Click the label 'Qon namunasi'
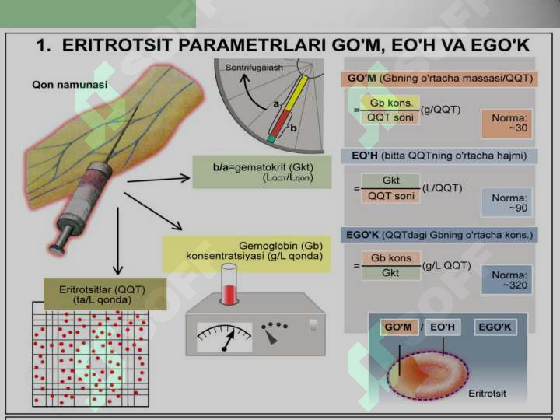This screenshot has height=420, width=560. [70, 85]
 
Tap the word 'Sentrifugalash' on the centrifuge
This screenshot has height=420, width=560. [254, 68]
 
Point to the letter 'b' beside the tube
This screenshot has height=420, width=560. [293, 128]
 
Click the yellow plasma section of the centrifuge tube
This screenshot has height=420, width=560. [296, 93]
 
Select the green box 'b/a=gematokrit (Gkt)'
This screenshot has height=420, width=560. [262, 172]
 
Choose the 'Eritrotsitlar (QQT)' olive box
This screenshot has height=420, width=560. [105, 294]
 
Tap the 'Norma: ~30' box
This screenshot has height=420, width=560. [506, 123]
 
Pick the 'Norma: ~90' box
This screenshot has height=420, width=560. [506, 202]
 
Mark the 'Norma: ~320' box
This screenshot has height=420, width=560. [506, 280]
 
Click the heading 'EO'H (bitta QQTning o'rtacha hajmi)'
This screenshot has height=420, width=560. [439, 156]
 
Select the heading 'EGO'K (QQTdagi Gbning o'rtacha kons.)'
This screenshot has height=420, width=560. [439, 235]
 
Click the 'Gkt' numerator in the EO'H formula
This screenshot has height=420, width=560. [390, 180]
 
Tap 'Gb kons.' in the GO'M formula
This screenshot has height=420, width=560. [390, 103]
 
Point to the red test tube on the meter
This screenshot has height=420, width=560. [229, 285]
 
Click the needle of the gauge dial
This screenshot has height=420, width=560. [228, 340]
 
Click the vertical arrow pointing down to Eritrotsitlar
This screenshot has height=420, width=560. [117, 241]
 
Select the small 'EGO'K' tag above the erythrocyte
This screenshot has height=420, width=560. [495, 327]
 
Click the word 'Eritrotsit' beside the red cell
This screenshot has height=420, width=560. [487, 394]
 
